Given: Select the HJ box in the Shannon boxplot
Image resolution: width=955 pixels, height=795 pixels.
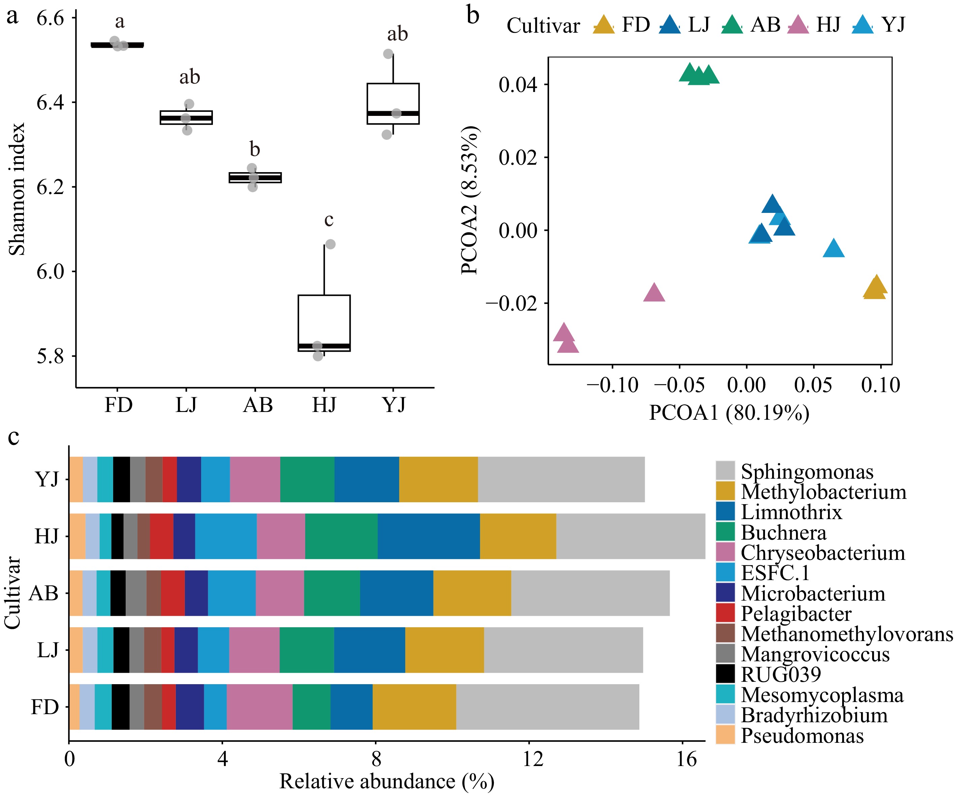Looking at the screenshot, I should point(324,323).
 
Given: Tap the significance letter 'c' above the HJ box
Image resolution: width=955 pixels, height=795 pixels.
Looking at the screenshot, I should point(329,220).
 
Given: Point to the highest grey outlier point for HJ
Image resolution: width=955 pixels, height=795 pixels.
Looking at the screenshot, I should point(330,244).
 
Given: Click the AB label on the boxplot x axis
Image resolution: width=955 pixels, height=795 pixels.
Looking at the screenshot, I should point(258,405).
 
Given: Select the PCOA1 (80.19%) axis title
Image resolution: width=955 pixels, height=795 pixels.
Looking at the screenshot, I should point(729,413).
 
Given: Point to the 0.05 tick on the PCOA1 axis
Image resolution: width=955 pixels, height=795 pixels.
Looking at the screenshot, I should point(813,385).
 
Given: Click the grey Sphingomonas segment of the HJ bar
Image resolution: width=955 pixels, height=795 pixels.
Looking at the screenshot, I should point(630,536).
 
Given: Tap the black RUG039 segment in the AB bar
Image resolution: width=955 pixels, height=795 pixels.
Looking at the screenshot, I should point(118,593).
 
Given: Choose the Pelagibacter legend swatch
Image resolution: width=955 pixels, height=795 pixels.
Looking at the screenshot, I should point(725,613).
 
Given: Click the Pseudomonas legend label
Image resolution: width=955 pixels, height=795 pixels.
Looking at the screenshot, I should point(802,735).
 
